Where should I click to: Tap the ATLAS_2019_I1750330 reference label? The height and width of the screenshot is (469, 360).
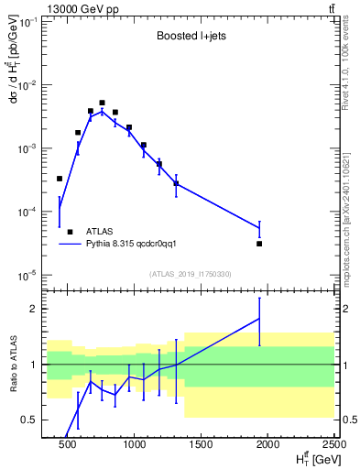191,274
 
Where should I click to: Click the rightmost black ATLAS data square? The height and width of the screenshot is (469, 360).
259,244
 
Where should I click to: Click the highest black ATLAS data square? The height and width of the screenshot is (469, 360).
102,103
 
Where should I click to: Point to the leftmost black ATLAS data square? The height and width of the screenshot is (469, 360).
60,179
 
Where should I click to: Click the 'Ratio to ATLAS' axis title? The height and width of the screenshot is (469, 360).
12,364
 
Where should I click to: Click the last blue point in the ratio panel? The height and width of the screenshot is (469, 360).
259,319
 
